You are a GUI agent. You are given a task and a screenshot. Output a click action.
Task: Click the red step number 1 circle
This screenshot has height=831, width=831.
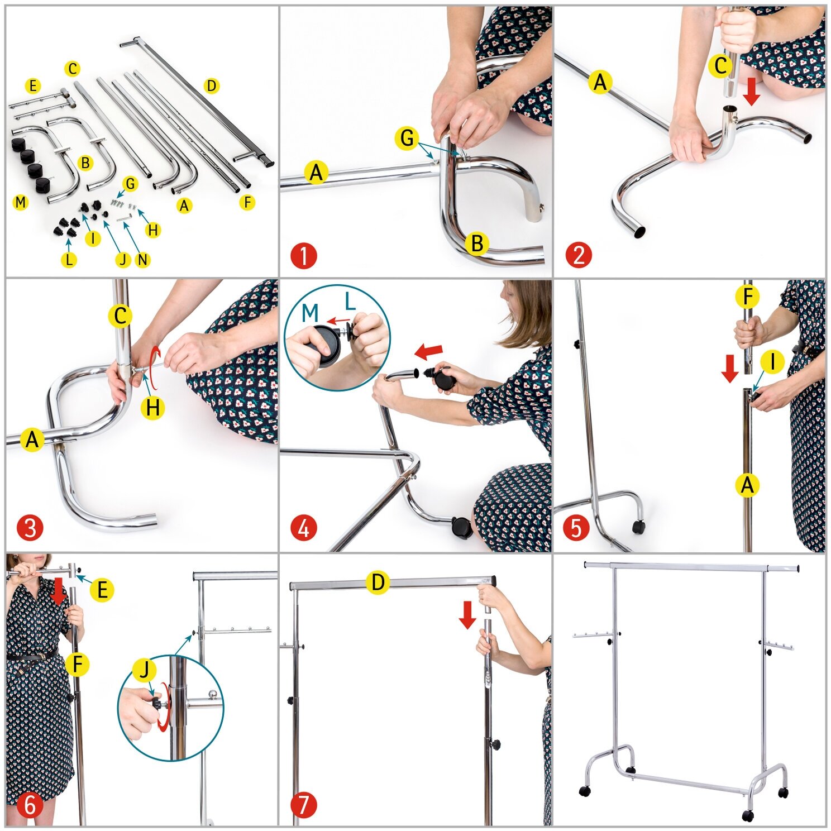pyautogui.click(x=304, y=256)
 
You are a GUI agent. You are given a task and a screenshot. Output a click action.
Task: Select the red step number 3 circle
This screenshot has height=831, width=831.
pyautogui.click(x=30, y=528)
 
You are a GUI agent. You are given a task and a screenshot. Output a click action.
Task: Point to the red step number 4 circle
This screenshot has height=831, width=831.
pyautogui.click(x=304, y=528)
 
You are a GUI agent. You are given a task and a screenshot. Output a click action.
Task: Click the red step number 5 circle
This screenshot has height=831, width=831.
pyautogui.click(x=576, y=528)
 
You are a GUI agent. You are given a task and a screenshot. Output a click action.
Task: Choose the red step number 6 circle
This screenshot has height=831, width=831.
pyautogui.click(x=30, y=805)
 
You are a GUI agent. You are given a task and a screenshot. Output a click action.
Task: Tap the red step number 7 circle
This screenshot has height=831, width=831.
pyautogui.click(x=304, y=805)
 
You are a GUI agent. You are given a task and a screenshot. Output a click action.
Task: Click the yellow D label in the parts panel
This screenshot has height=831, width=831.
pyautogui.click(x=211, y=86)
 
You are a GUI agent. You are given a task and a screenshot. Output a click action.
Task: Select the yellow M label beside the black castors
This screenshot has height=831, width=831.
pyautogui.click(x=21, y=202)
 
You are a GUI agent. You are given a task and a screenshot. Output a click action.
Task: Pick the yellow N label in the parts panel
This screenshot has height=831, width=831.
pyautogui.click(x=143, y=260)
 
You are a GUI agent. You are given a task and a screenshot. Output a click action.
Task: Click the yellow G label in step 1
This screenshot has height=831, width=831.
pyautogui.click(x=407, y=138)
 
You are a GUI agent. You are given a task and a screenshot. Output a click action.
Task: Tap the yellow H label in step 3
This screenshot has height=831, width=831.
pyautogui.click(x=152, y=408)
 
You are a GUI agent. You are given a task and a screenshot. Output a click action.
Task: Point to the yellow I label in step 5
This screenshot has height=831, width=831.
pyautogui.click(x=772, y=362)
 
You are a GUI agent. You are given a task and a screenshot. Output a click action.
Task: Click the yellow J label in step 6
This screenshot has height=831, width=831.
pyautogui.click(x=145, y=670)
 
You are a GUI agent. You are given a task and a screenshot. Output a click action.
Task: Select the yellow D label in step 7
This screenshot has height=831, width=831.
pyautogui.click(x=378, y=582)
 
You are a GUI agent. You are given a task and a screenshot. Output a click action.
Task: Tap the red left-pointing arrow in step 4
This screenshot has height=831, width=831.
pyautogui.click(x=429, y=352)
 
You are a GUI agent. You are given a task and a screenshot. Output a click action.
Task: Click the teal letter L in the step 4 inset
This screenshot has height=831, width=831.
pyautogui.click(x=350, y=302)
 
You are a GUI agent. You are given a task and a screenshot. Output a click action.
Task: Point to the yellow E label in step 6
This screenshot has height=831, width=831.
pyautogui.click(x=102, y=590)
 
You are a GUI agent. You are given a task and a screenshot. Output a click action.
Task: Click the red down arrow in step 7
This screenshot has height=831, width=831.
pyautogui.click(x=467, y=615)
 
